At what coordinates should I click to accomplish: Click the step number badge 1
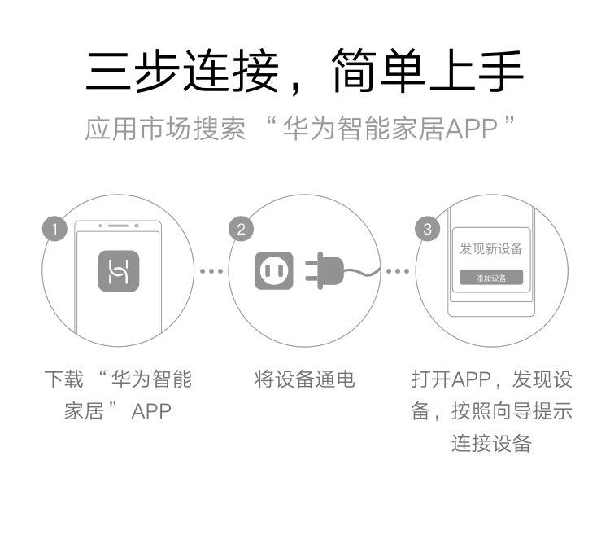pyautogui.click(x=54, y=230)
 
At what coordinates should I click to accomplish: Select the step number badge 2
pyautogui.click(x=241, y=230)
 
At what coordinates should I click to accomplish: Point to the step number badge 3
pyautogui.click(x=428, y=230)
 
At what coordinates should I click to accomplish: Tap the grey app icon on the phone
pyautogui.click(x=118, y=270)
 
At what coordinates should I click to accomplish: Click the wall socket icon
pyautogui.click(x=273, y=270)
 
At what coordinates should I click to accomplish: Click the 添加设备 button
pyautogui.click(x=490, y=278)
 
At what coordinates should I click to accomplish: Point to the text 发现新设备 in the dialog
pyautogui.click(x=490, y=248)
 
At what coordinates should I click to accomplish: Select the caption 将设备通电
pyautogui.click(x=305, y=379)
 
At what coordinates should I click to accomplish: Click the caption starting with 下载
pyautogui.click(x=118, y=395)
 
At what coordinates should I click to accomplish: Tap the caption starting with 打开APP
pyautogui.click(x=491, y=411)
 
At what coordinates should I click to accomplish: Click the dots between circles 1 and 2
pyautogui.click(x=211, y=270)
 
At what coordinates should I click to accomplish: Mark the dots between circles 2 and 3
pyautogui.click(x=397, y=270)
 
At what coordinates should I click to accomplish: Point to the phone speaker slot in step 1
pyautogui.click(x=119, y=225)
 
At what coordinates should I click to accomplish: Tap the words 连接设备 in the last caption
pyautogui.click(x=491, y=444)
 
